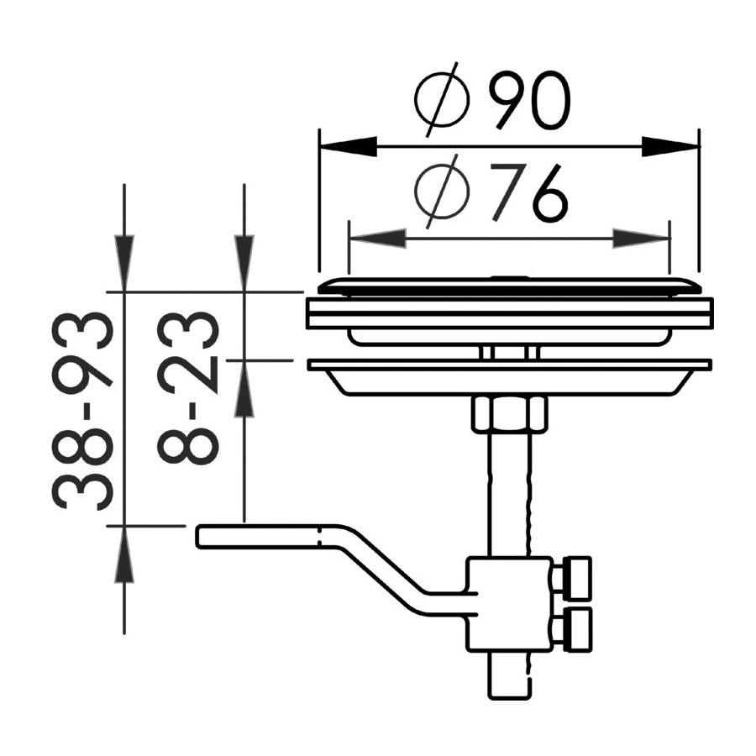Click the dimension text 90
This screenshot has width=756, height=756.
(529, 101)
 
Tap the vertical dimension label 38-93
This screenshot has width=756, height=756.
(82, 411)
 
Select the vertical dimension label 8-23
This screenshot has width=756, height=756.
(188, 387)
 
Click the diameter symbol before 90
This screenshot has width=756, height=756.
(442, 99)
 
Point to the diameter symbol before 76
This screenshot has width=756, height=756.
(442, 192)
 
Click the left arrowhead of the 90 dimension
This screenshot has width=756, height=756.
(348, 146)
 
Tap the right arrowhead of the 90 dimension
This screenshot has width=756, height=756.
(670, 146)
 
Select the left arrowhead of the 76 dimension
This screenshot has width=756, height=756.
(377, 239)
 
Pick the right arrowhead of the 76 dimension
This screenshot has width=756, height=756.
(641, 239)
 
